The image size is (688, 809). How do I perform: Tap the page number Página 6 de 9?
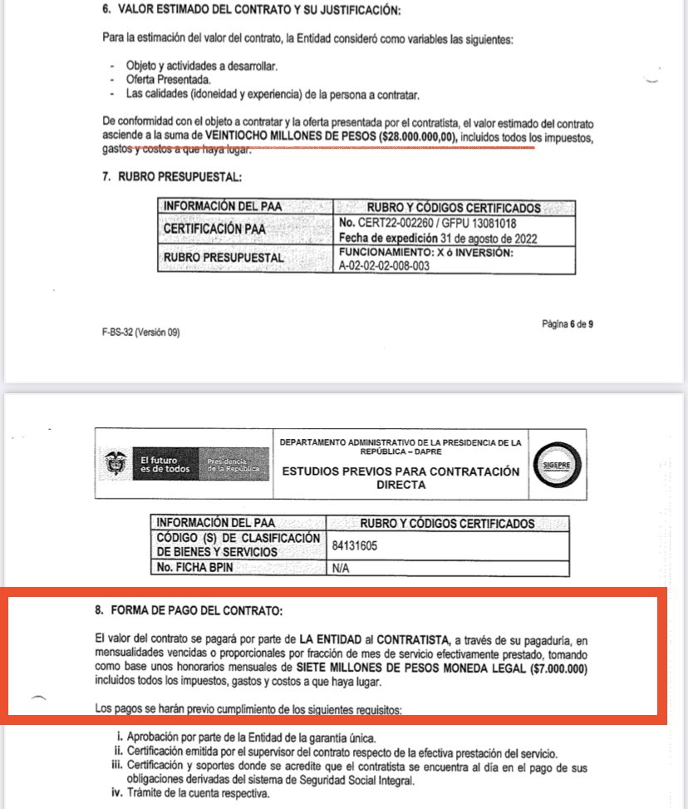(x=567, y=323)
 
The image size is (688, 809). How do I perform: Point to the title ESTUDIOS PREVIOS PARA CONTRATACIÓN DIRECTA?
(x=401, y=477)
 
